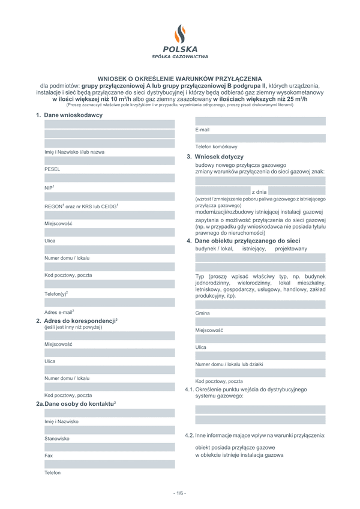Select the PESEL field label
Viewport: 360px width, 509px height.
point(52,169)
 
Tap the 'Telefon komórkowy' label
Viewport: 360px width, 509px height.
point(216,147)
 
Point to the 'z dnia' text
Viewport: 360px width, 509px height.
point(260,191)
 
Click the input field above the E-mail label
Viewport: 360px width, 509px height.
point(260,121)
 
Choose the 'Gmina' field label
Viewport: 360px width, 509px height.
point(202,313)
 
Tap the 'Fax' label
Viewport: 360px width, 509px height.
point(49,456)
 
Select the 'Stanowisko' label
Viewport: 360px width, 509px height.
point(57,439)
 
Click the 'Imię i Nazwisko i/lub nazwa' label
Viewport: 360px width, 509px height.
point(74,152)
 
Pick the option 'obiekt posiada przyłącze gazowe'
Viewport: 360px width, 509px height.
point(235,448)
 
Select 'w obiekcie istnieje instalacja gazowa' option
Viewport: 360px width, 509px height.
point(239,455)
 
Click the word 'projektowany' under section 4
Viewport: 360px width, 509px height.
point(291,248)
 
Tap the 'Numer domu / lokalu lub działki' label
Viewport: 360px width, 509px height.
point(229,364)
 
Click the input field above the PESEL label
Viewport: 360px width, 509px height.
point(109,161)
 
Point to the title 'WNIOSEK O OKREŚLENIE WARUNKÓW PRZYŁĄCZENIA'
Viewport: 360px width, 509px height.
point(180,79)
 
